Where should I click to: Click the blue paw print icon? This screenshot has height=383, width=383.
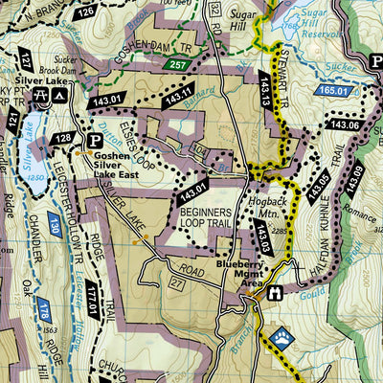pyautogui.click(x=283, y=337)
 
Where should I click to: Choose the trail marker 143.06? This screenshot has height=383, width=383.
pyautogui.click(x=344, y=124)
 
